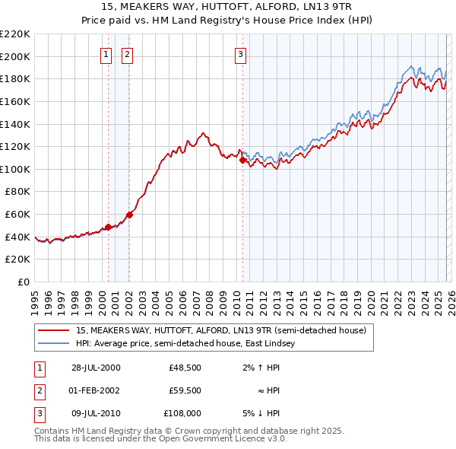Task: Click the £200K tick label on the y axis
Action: coord(15,56)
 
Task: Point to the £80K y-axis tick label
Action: coord(17,192)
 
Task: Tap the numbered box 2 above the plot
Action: coord(126,54)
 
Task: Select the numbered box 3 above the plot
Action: coord(240,54)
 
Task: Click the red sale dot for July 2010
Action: coord(242,161)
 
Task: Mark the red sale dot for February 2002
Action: coord(129,215)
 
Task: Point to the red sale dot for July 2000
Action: coord(109,227)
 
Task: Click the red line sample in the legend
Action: coord(54,331)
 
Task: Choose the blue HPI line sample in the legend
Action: coord(54,344)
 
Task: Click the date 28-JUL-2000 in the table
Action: coord(95,368)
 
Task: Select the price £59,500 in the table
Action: coord(185,390)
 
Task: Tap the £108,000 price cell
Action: coord(183,413)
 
